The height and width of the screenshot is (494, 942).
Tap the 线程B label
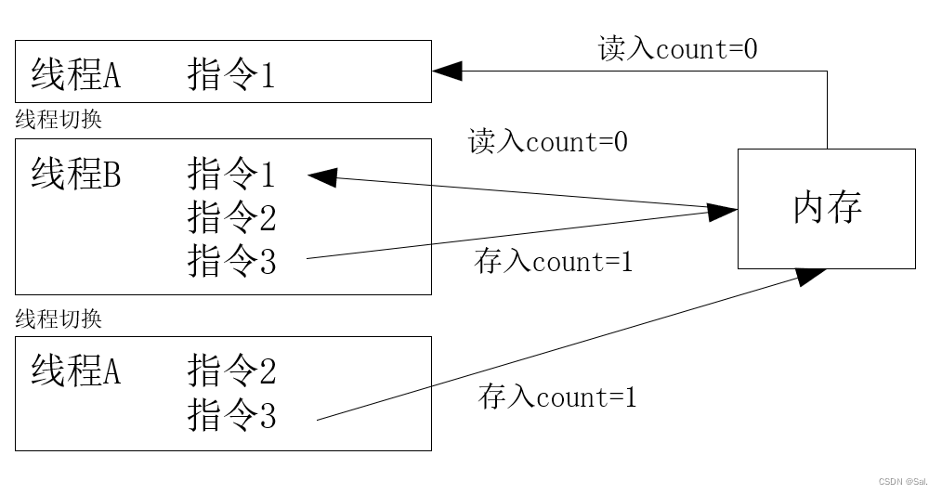(x=75, y=174)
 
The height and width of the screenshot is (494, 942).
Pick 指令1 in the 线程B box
(x=231, y=174)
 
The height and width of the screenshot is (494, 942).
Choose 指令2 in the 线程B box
(x=231, y=218)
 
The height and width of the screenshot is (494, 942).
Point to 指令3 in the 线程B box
(x=231, y=262)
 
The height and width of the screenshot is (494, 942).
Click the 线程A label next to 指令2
(x=75, y=371)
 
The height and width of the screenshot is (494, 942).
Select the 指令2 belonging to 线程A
(x=231, y=371)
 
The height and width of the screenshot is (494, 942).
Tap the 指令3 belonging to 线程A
(x=231, y=415)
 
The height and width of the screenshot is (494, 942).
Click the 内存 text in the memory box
(x=827, y=208)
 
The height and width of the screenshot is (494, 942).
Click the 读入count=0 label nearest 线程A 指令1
(x=677, y=48)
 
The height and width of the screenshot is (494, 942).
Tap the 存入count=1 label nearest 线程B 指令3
(x=553, y=262)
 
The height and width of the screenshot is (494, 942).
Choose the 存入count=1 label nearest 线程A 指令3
(x=557, y=397)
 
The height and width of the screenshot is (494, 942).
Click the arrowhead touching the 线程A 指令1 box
(x=446, y=71)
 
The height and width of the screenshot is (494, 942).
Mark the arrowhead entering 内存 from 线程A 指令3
(x=810, y=274)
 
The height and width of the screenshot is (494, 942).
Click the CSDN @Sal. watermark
(x=904, y=482)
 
